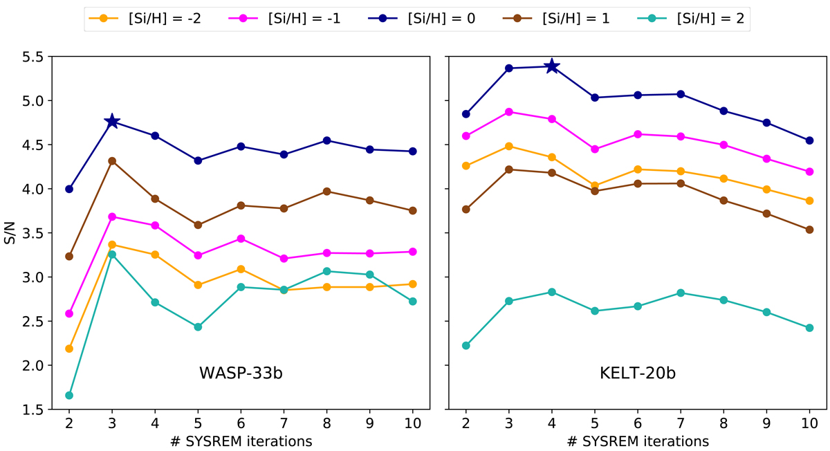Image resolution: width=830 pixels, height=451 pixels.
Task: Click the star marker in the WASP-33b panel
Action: [112, 122]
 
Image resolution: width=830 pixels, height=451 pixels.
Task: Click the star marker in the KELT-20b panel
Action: [552, 66]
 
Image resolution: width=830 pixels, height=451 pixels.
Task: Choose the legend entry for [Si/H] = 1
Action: [564, 19]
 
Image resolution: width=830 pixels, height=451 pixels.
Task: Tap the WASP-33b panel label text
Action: [241, 374]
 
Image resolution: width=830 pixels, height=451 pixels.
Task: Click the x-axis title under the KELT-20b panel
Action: [638, 441]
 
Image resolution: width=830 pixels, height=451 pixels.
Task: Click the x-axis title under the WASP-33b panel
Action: [241, 441]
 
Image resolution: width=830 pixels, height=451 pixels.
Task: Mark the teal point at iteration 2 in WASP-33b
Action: [69, 396]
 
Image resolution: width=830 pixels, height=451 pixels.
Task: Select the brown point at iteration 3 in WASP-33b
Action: [112, 161]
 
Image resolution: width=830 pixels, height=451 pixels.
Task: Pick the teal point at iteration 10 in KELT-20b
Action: [809, 328]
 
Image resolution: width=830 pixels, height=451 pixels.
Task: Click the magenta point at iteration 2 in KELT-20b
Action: [466, 136]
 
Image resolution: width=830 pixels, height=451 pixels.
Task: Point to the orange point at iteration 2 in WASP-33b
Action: [69, 349]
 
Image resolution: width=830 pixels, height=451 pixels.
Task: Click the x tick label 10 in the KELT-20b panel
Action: [809, 423]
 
